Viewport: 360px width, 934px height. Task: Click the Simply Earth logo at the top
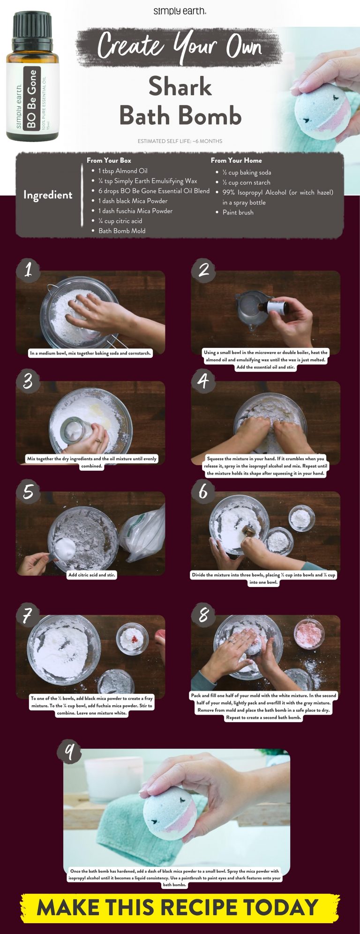pos(180,11)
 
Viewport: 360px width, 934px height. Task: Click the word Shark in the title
pos(180,87)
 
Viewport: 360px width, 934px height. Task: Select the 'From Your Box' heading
pos(109,160)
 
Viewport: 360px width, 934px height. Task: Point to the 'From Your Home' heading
pos(236,160)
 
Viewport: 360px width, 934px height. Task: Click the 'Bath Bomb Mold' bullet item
pos(122,231)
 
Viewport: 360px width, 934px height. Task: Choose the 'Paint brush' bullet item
pos(238,212)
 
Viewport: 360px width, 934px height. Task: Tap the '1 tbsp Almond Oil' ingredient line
pos(123,171)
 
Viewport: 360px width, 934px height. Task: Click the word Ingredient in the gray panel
pos(48,195)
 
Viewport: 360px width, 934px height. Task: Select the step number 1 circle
pos(28,270)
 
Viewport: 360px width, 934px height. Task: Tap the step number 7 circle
pos(28,615)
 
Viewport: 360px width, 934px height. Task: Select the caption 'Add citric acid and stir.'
pos(91,574)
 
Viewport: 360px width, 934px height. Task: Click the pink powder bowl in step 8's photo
pos(309,634)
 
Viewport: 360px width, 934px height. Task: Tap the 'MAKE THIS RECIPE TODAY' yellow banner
pos(180,908)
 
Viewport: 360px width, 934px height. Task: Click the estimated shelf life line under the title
pos(180,141)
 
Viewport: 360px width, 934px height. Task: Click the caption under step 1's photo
pos(90,353)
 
